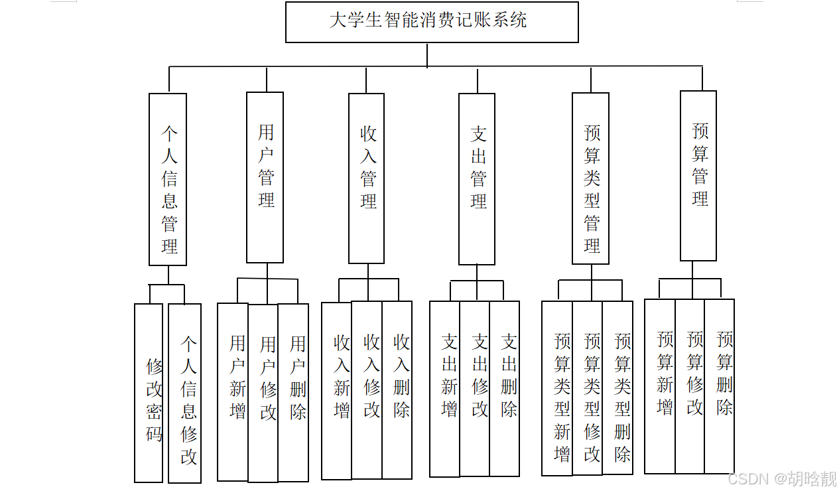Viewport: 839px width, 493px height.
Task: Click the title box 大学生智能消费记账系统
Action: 432,22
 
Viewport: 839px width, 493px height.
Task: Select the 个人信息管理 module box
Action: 168,179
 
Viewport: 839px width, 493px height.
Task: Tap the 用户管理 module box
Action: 265,177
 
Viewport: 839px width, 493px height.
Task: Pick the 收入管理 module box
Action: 367,178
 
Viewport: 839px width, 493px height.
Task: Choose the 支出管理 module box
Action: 477,178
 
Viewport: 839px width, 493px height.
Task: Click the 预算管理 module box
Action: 698,176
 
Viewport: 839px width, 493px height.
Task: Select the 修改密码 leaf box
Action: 149,393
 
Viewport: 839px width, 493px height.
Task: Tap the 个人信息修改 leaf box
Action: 185,393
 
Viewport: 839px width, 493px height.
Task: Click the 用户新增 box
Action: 233,391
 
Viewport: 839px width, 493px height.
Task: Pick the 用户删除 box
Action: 294,391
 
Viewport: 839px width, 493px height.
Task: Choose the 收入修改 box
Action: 367,390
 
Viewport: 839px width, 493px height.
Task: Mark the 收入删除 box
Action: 397,390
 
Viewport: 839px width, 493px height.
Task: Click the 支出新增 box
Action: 445,389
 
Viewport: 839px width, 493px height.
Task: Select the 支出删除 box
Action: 505,389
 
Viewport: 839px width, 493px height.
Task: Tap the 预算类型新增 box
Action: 557,388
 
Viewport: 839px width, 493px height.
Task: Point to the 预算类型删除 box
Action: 617,388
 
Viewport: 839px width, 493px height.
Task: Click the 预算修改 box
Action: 690,386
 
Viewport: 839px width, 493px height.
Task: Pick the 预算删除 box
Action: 720,386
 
